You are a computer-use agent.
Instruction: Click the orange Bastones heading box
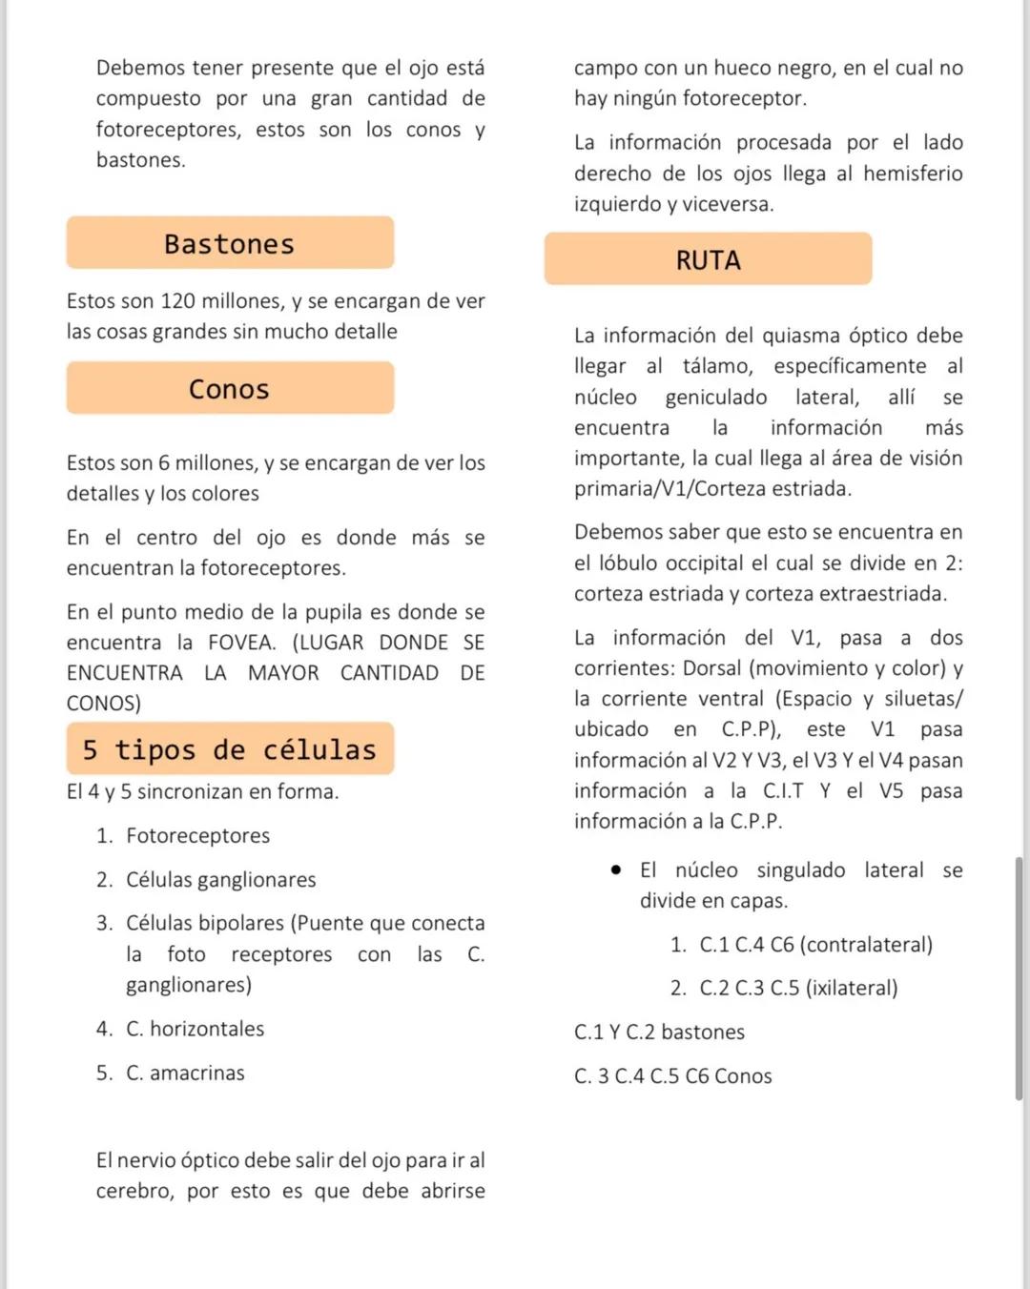[x=230, y=243]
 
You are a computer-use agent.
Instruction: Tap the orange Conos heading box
[x=230, y=388]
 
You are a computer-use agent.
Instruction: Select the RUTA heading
[x=708, y=259]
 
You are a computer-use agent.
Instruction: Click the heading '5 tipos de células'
[x=230, y=749]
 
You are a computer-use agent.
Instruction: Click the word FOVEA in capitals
[x=242, y=643]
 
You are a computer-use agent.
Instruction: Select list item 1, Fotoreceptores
[x=197, y=836]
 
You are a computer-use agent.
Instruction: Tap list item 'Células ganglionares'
[x=220, y=880]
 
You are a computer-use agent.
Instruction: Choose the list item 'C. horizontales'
[x=195, y=1029]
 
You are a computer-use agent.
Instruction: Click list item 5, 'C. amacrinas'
[x=185, y=1074]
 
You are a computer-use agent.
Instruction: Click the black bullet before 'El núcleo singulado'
[x=617, y=870]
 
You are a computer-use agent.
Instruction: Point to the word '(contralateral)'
[x=866, y=945]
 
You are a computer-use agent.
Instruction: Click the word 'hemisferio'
[x=913, y=174]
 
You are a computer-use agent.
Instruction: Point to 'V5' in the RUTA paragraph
[x=890, y=791]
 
